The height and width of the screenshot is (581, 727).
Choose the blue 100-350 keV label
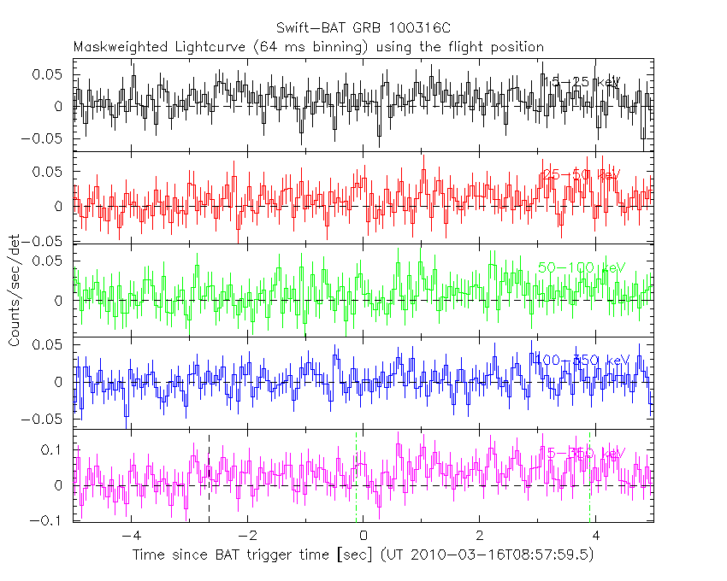582,360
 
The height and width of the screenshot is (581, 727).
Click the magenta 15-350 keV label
582,452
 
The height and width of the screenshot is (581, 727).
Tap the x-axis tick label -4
130,537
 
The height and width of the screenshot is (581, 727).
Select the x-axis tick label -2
246,537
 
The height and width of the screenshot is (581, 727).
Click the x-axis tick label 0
363,537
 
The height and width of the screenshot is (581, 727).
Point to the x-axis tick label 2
480,537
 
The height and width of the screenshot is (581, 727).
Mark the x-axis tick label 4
596,537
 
